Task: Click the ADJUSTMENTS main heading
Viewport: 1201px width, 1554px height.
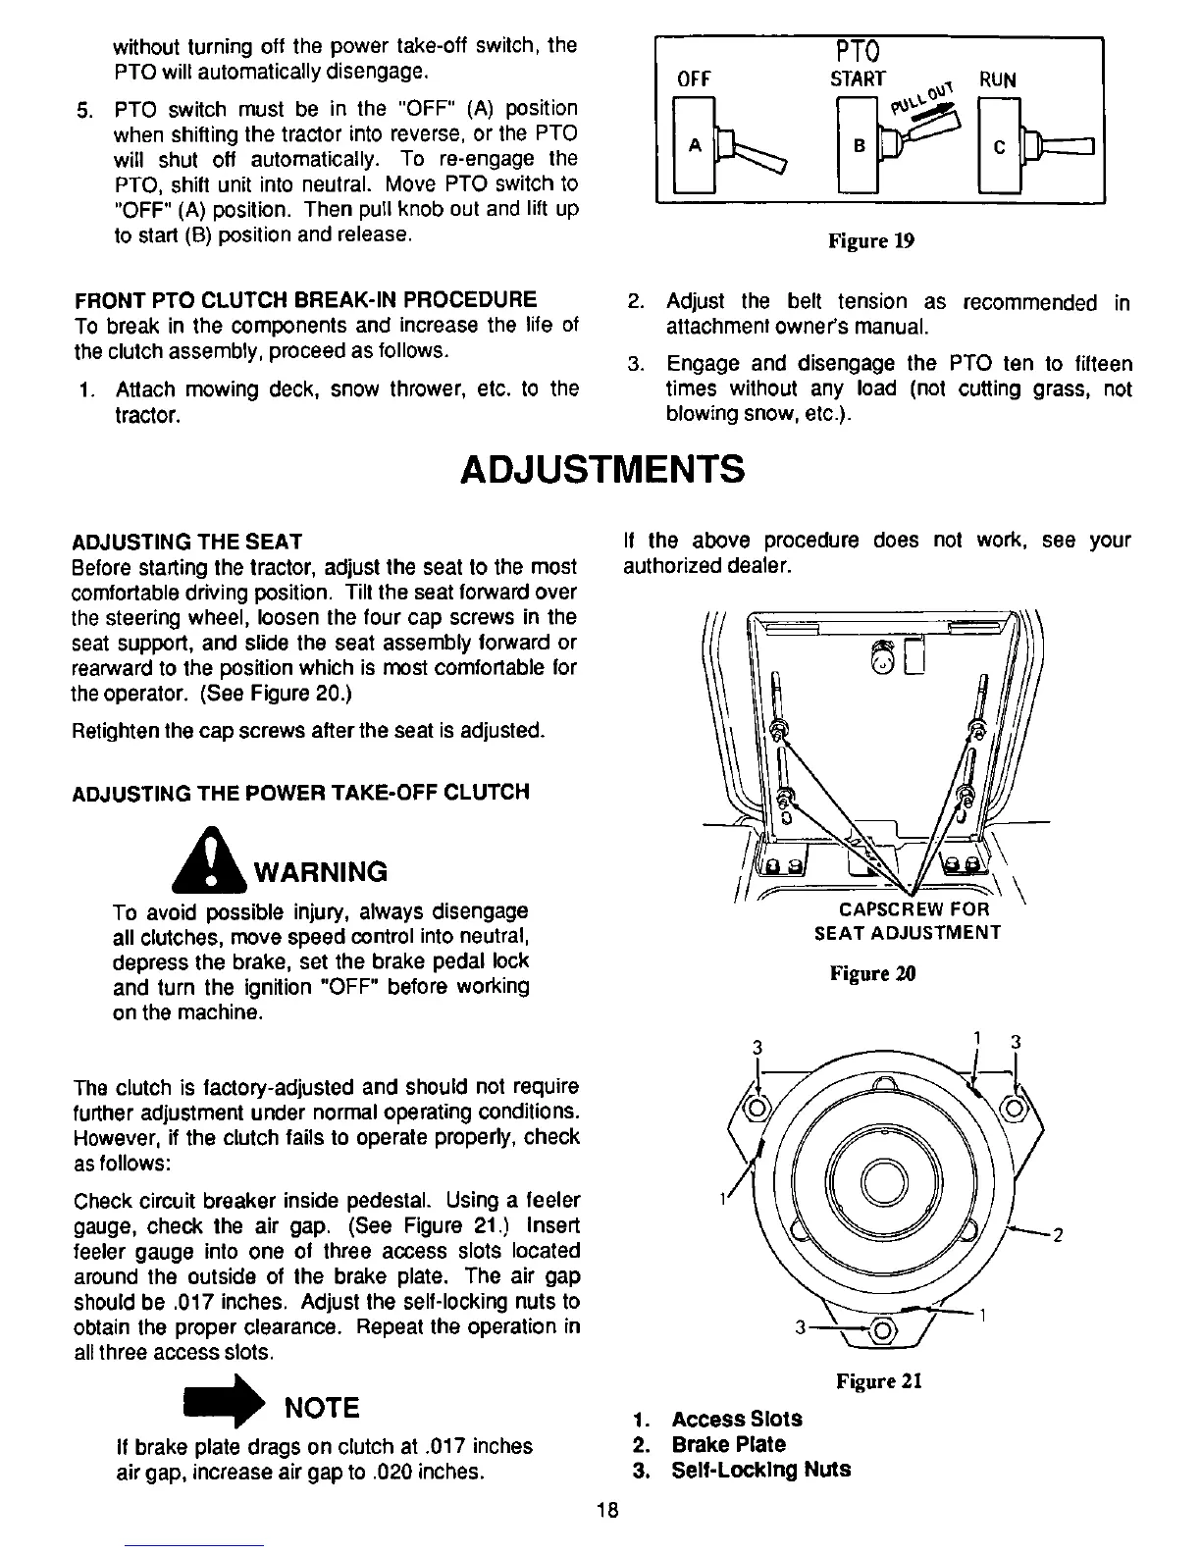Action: point(601,469)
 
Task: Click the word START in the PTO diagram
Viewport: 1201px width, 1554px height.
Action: point(858,78)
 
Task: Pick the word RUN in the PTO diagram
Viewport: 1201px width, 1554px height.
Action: point(997,79)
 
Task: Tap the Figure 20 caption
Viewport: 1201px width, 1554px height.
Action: point(872,974)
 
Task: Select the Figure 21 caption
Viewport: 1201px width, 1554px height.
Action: point(879,1381)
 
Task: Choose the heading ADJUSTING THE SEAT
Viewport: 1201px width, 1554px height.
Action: point(187,542)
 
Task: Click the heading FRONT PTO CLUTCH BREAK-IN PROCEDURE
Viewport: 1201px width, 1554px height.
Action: point(305,299)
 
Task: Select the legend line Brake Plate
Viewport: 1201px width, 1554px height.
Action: point(728,1444)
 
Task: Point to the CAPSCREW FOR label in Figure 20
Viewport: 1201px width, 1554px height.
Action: point(908,909)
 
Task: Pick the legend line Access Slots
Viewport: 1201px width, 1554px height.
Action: point(736,1419)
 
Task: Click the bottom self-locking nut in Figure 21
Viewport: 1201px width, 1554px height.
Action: point(880,1331)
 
